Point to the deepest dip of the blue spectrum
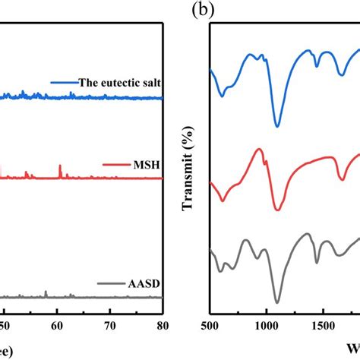(x=277, y=126)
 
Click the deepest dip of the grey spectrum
(x=277, y=302)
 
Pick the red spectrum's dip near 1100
(x=277, y=210)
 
